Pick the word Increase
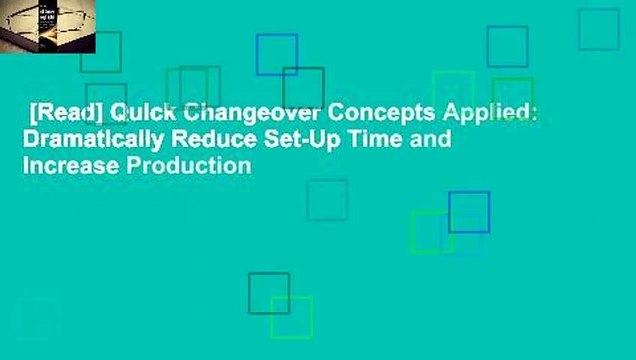point(67,165)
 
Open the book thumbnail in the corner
point(48,27)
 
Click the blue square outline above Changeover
point(276,54)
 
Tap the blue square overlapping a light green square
point(469,212)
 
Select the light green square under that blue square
point(431,231)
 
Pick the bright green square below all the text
point(291,317)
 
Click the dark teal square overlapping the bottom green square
point(268,293)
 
